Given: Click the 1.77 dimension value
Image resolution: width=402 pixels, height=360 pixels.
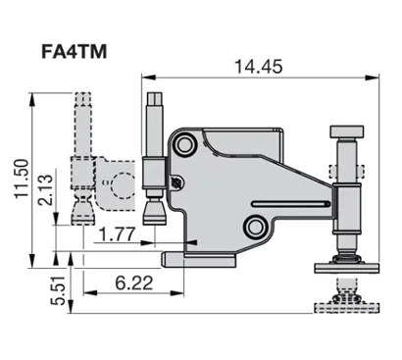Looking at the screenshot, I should click(118, 234).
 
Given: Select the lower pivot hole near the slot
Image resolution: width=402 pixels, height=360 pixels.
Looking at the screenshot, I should click(256, 228).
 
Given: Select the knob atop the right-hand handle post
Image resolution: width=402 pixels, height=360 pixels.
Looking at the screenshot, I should click(348, 131).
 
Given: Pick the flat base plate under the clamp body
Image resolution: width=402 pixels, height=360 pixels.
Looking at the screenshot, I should click(202, 258).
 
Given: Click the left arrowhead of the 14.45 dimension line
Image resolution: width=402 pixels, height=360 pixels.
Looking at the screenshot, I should click(146, 76).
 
